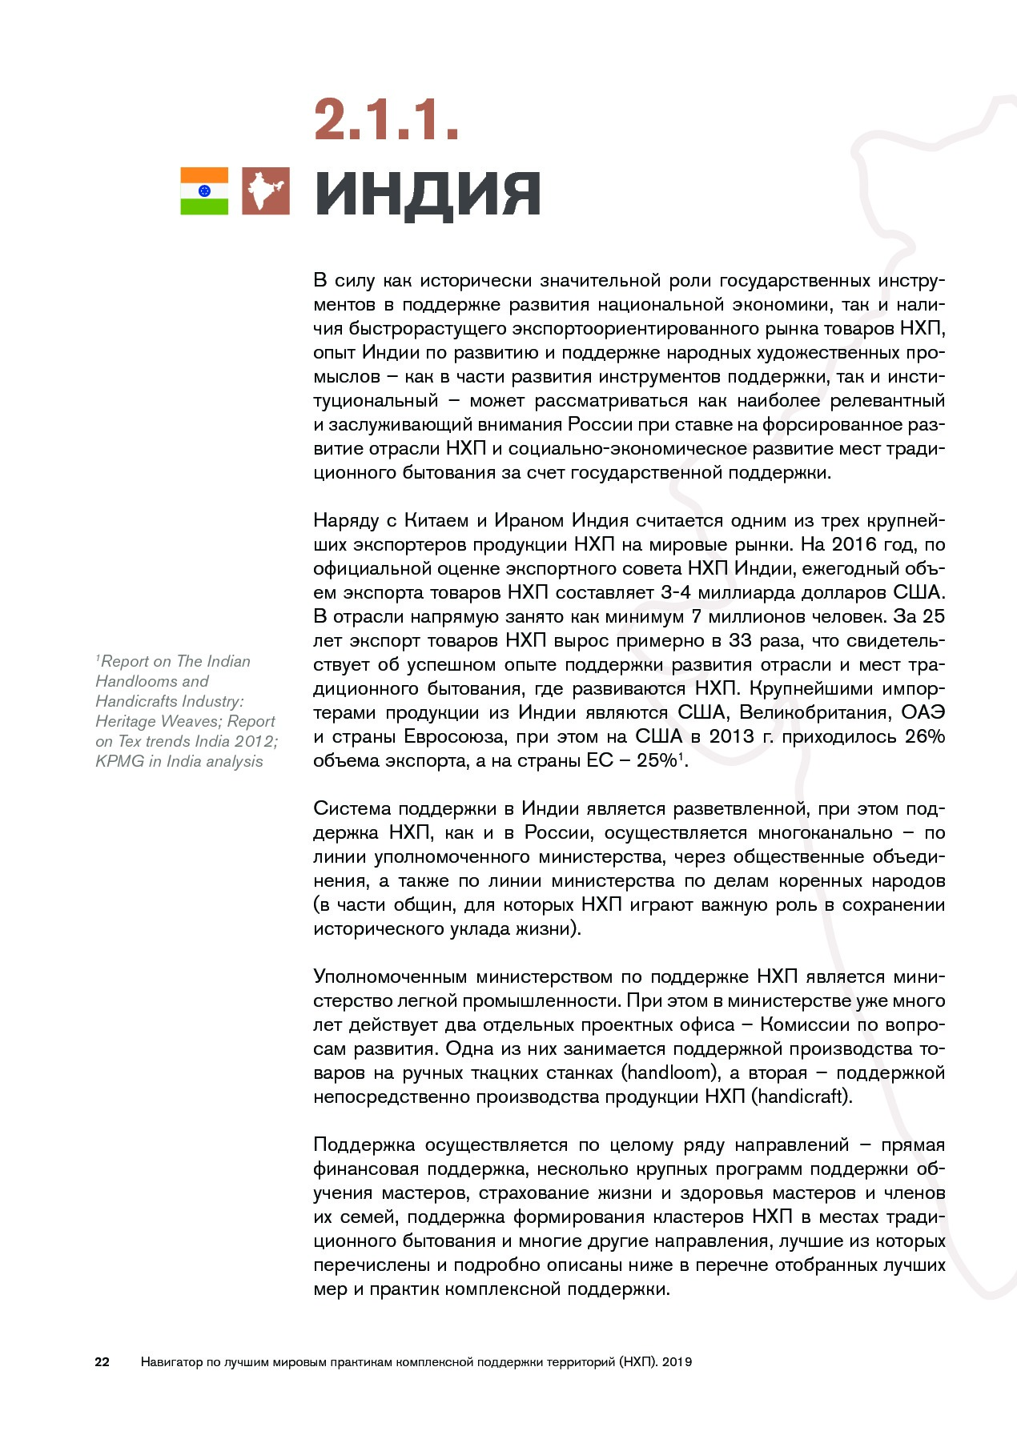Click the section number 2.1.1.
[386, 121]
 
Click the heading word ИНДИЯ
[428, 194]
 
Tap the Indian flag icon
[204, 191]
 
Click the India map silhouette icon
[265, 191]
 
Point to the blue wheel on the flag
[204, 191]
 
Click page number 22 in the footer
[103, 1361]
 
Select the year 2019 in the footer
[677, 1361]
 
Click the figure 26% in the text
[924, 736]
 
